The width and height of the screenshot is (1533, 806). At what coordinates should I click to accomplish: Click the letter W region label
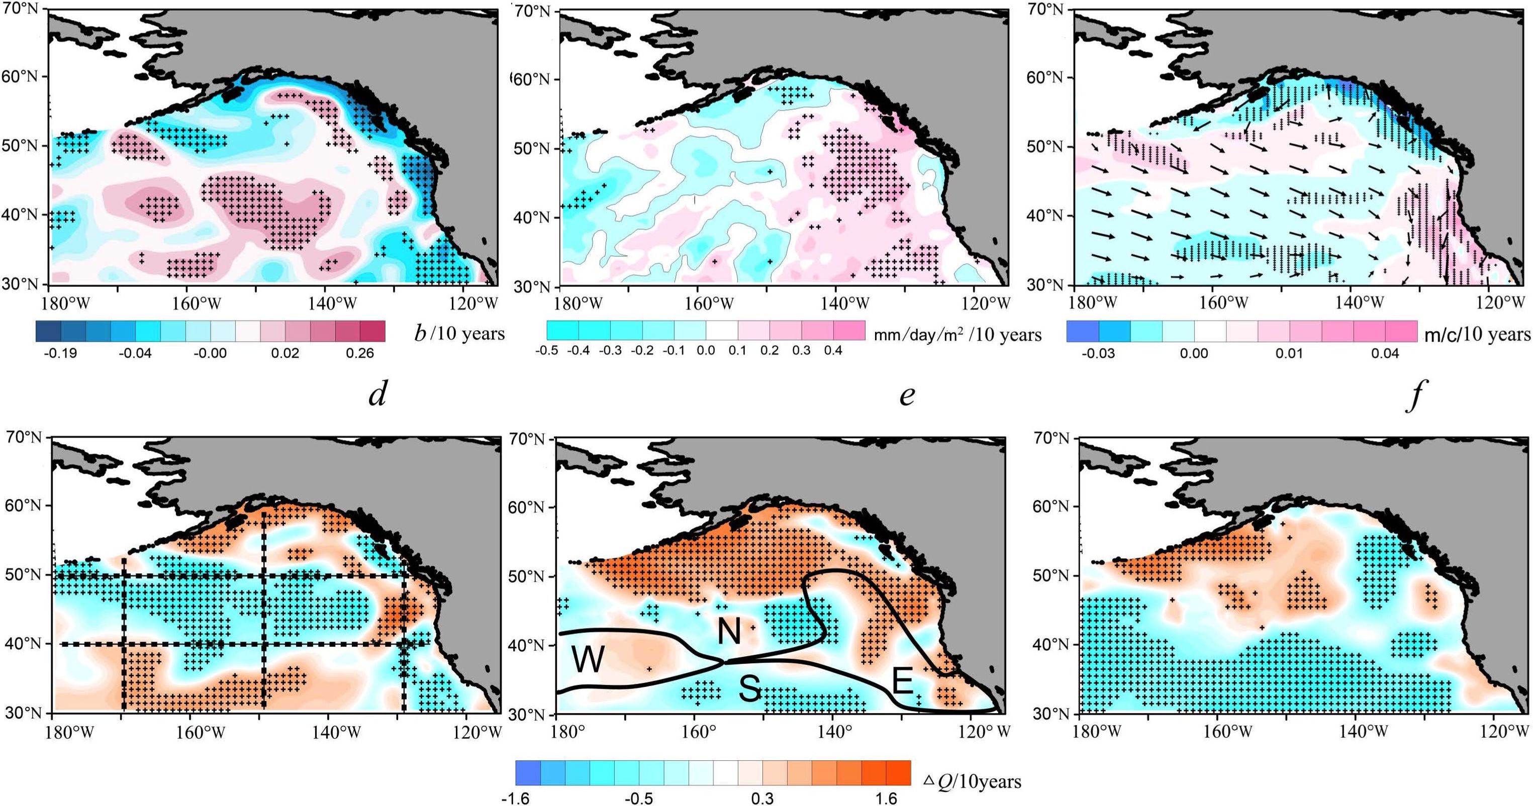tap(588, 660)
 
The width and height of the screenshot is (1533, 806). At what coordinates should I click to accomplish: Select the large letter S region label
tap(750, 689)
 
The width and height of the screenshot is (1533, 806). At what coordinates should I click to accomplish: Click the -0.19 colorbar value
tap(61, 353)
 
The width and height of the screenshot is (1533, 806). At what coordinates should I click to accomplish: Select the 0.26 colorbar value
tap(360, 353)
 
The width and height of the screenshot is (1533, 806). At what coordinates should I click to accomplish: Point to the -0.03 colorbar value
tap(1097, 353)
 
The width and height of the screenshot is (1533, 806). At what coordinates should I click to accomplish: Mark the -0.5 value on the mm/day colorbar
tap(546, 350)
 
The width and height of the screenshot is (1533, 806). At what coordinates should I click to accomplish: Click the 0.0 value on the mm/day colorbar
tap(706, 350)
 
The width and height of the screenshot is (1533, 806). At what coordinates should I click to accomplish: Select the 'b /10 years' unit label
tap(459, 334)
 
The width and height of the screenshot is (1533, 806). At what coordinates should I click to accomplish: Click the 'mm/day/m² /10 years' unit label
tap(957, 334)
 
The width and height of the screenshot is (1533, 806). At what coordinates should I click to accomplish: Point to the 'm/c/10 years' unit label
tap(1477, 334)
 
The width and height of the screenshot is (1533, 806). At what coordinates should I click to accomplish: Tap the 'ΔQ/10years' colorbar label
tap(973, 781)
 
